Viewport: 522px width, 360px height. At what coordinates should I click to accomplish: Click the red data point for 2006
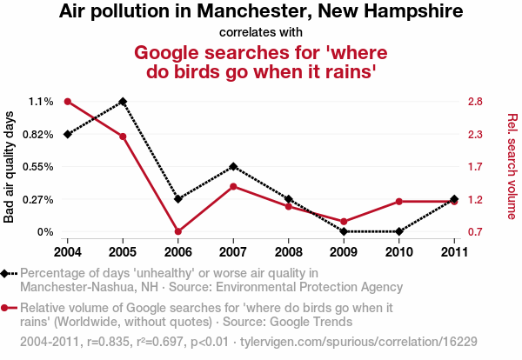coord(177,231)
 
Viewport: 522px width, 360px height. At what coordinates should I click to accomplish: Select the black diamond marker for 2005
coord(123,102)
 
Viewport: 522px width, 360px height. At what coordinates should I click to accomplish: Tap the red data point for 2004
coord(67,102)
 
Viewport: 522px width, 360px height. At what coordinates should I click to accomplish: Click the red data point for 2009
coord(344,222)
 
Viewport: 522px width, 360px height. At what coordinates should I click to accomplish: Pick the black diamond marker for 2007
coord(233,166)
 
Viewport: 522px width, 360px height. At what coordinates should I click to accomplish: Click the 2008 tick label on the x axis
coord(289,251)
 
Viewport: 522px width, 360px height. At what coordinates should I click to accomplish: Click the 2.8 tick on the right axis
coord(474,102)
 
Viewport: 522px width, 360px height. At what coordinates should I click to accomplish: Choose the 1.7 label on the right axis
coord(474,166)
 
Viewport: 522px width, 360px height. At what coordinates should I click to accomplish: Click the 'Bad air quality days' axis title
coord(10,166)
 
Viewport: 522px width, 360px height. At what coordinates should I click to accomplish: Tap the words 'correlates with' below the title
coord(261,32)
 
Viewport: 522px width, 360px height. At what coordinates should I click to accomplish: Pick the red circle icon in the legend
coord(8,308)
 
